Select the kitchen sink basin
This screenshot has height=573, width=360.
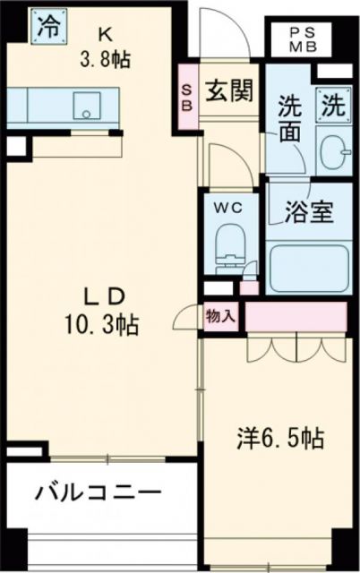(x=89, y=107)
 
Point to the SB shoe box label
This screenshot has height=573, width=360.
(x=188, y=97)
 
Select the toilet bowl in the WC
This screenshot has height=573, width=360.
(x=230, y=243)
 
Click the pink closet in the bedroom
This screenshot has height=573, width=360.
(x=294, y=317)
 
